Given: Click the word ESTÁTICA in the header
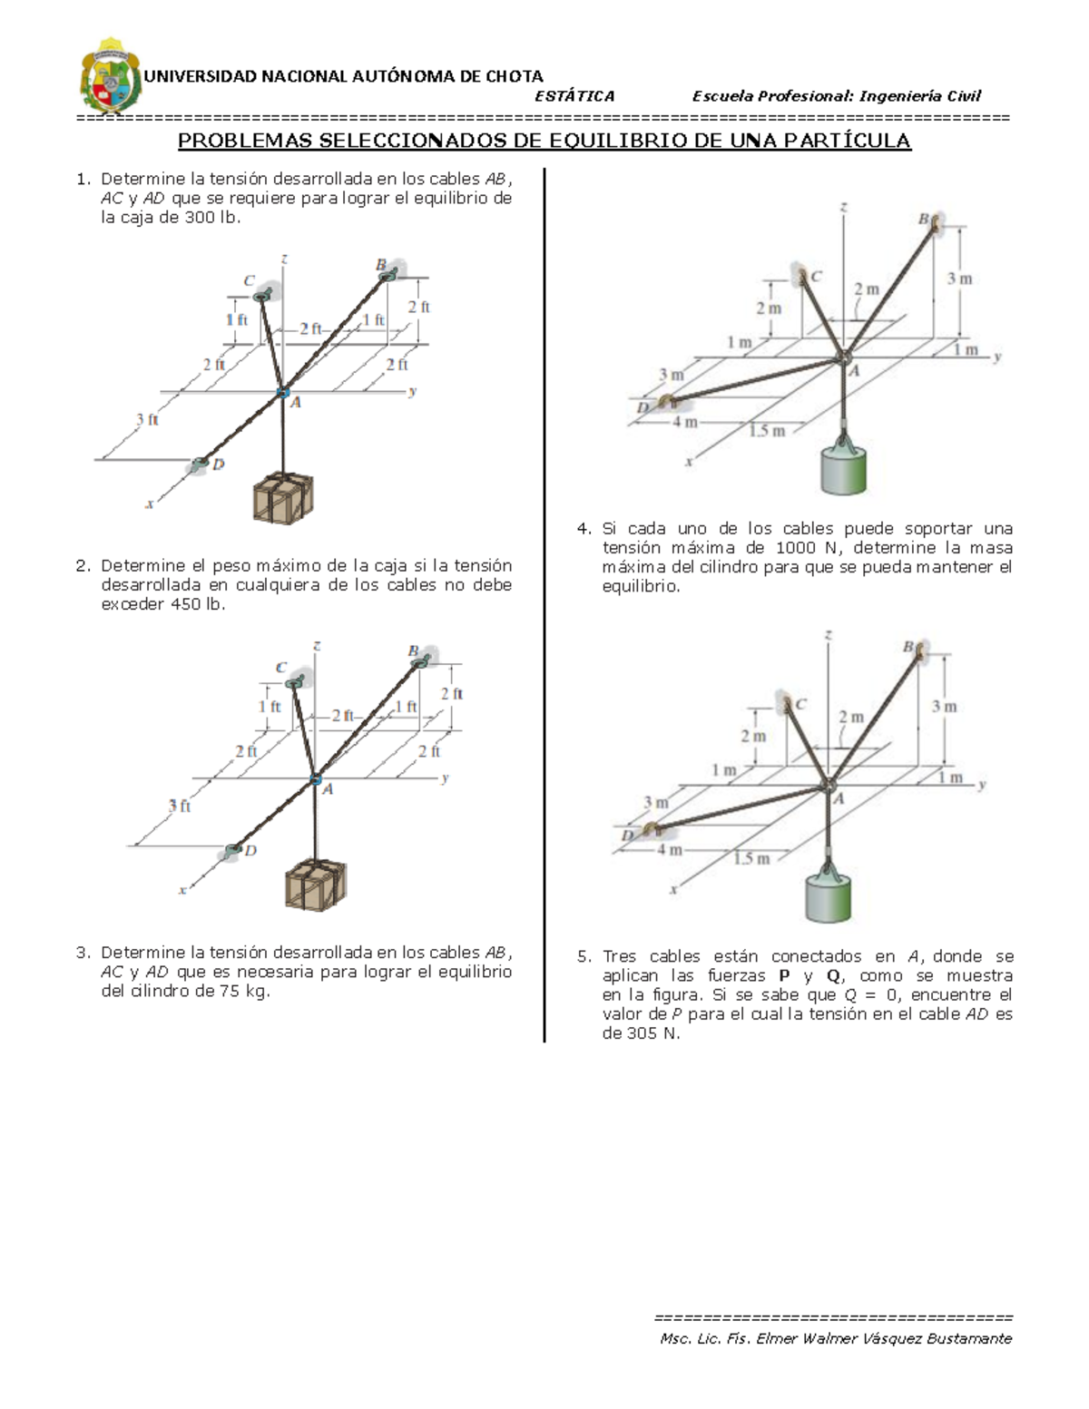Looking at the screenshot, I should pyautogui.click(x=574, y=96).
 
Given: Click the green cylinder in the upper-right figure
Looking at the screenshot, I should pyautogui.click(x=844, y=468).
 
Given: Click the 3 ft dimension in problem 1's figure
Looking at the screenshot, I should pyautogui.click(x=147, y=420).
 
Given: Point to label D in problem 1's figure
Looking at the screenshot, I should pyautogui.click(x=218, y=464).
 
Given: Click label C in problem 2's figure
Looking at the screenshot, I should pyautogui.click(x=281, y=667).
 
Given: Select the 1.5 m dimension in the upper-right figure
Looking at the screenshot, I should pyautogui.click(x=767, y=431).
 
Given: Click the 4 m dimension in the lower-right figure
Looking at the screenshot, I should pyautogui.click(x=670, y=850).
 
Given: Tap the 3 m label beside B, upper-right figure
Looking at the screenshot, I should pyautogui.click(x=959, y=279).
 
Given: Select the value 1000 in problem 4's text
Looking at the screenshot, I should pyautogui.click(x=795, y=548).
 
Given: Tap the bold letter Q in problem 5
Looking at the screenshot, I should pyautogui.click(x=832, y=976).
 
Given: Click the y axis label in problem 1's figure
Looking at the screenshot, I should pyautogui.click(x=412, y=392).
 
